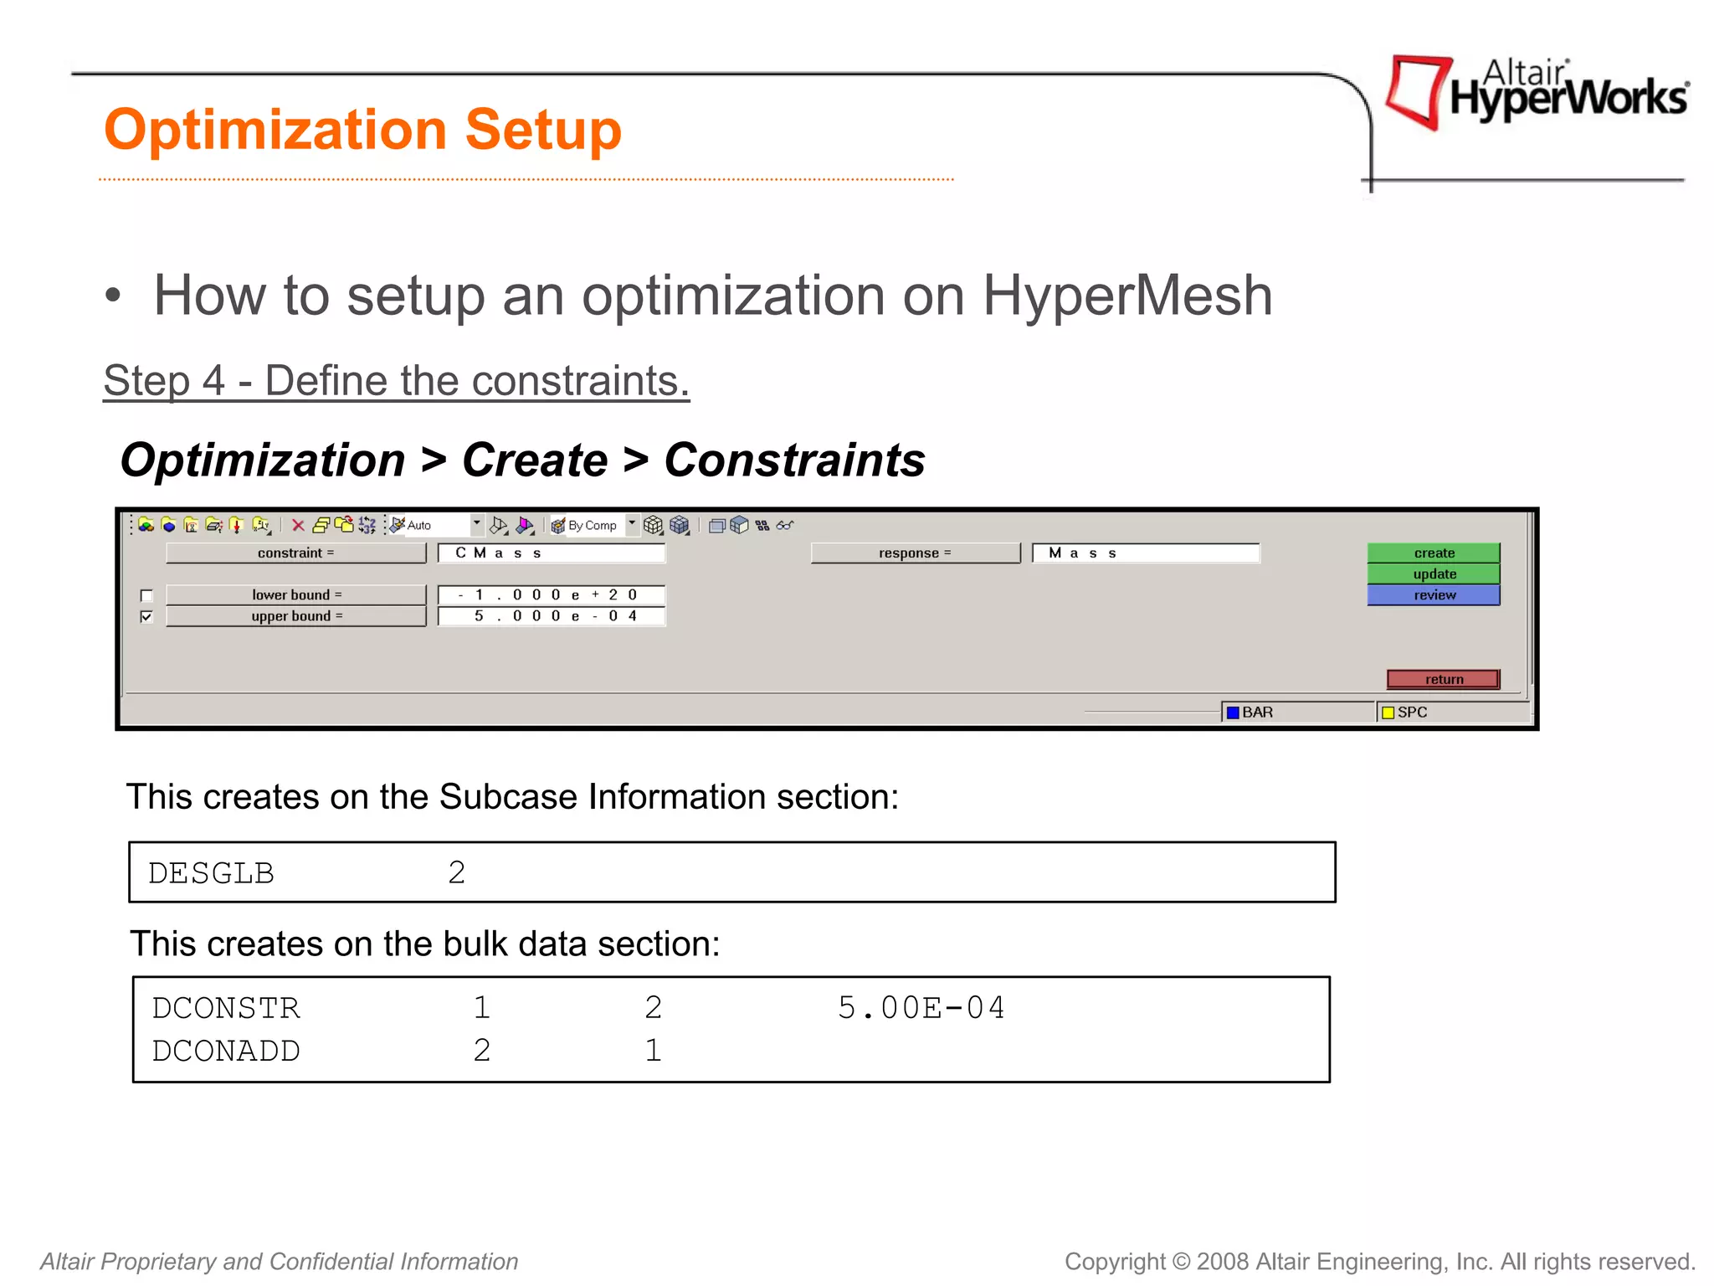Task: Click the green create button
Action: click(1433, 553)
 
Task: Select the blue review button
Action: click(1433, 595)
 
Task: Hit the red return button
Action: click(1443, 679)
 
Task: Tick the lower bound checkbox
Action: click(147, 596)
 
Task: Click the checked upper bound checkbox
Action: click(147, 617)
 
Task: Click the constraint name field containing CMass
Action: click(551, 553)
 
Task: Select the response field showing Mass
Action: click(1145, 553)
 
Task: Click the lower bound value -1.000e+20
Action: click(551, 595)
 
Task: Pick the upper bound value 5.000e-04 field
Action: click(551, 616)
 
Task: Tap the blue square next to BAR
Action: click(1232, 712)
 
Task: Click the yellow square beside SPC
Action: click(1388, 712)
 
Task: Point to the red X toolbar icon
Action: click(298, 525)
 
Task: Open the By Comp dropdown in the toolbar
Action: click(632, 524)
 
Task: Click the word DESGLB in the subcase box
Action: click(211, 873)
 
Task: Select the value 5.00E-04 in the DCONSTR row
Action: click(921, 1008)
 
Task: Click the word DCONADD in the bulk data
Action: click(226, 1051)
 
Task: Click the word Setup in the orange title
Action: click(542, 131)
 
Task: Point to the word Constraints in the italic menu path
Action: click(794, 460)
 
